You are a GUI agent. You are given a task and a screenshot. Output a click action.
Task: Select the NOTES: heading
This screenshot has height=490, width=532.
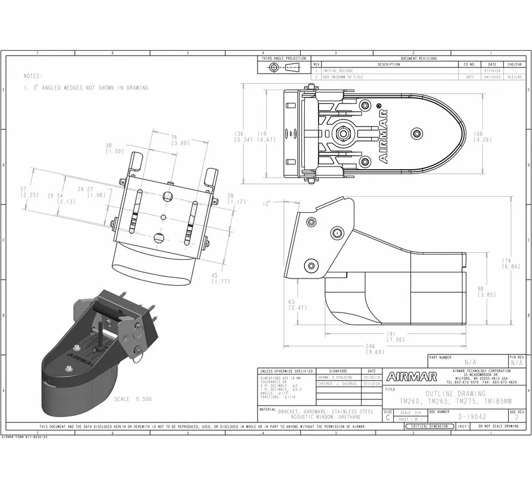point(33,76)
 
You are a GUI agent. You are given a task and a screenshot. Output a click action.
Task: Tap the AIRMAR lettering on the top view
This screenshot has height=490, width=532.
point(383,134)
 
